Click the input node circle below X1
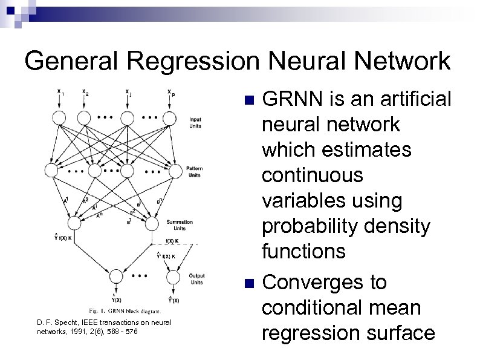[x=59, y=117]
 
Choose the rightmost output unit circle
[x=172, y=278]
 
